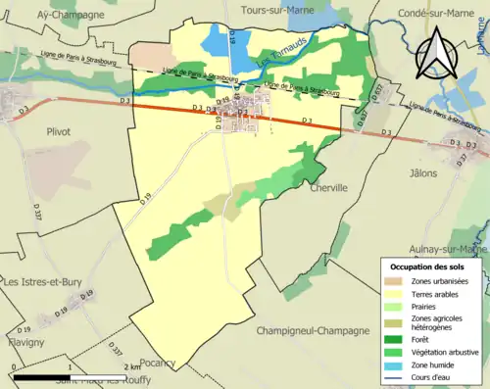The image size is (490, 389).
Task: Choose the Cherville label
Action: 327,187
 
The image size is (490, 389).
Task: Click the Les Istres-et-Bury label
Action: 45,282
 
